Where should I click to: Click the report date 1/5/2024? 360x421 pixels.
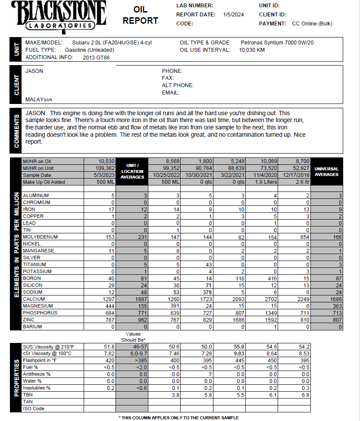233,15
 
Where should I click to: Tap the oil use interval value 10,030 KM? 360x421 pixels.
252,50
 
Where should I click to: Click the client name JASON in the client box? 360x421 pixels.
34,71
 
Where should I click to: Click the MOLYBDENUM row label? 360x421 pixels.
40,237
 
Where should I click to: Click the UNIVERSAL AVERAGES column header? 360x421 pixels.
327,172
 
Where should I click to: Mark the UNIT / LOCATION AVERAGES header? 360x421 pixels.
132,171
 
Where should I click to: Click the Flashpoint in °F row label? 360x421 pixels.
41,361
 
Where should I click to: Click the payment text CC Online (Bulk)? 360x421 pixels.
312,24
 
